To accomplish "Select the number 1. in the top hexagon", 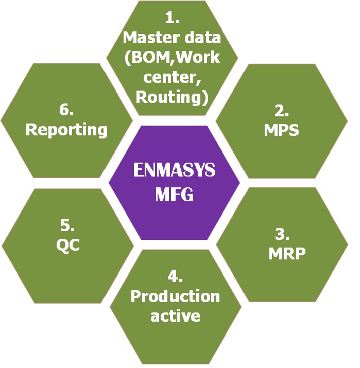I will click(173, 19).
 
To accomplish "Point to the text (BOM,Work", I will click(172, 57).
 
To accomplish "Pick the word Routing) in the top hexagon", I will click(172, 96).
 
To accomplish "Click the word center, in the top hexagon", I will click(172, 77).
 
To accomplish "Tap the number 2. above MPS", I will click(281, 111).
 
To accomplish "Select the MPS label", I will click(281, 130).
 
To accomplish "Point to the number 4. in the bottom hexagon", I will click(175, 276).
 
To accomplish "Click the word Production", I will click(175, 296).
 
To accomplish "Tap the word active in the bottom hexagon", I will click(175, 315).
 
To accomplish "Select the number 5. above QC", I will click(68, 225).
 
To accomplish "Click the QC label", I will click(68, 245).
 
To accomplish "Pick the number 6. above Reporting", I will click(67, 110).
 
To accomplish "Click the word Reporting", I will click(67, 130).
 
